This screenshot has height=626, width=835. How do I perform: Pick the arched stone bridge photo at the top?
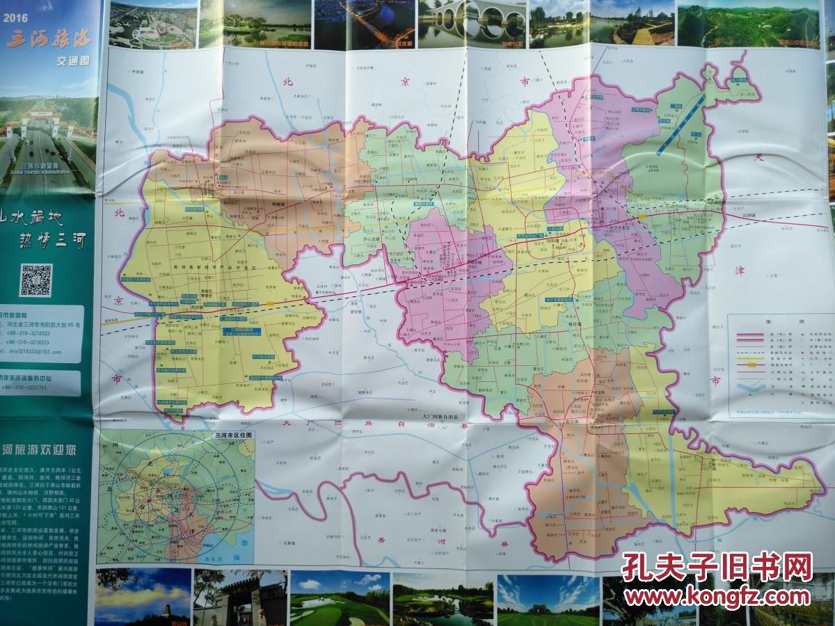pyautogui.click(x=471, y=23)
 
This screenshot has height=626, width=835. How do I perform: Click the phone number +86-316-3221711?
pyautogui.click(x=28, y=387)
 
